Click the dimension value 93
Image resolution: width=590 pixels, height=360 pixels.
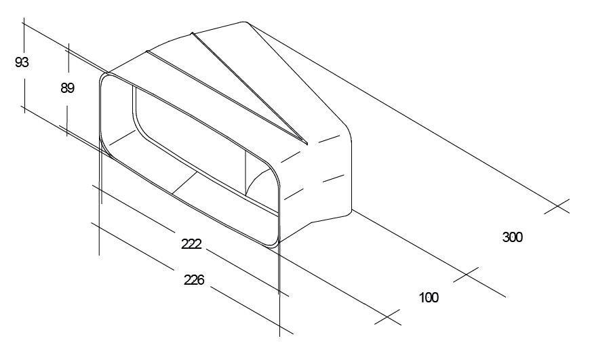[22, 62]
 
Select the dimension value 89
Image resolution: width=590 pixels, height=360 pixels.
[67, 88]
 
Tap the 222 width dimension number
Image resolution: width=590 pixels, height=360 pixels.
[191, 244]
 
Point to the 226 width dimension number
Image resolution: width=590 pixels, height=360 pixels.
[194, 280]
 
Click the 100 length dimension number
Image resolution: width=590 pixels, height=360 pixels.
[429, 298]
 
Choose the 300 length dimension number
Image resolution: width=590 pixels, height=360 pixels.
[512, 237]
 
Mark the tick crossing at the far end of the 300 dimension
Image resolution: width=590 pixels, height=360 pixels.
[557, 206]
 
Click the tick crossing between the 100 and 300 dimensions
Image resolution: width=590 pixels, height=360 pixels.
[466, 275]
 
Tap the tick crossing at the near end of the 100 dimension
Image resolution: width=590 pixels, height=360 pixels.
[387, 317]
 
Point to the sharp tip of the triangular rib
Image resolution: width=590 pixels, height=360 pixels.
[307, 144]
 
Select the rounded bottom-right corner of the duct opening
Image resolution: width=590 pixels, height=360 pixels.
[274, 244]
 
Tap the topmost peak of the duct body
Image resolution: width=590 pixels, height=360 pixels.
[244, 22]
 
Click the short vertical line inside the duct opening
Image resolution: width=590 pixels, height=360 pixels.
[245, 173]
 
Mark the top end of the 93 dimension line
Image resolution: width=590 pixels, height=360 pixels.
[24, 18]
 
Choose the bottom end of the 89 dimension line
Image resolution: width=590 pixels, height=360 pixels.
[67, 136]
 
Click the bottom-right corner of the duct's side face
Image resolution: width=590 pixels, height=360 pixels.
[351, 211]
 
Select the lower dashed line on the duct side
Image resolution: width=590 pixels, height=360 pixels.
[314, 187]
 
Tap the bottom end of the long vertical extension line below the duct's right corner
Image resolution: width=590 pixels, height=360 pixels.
[279, 336]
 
